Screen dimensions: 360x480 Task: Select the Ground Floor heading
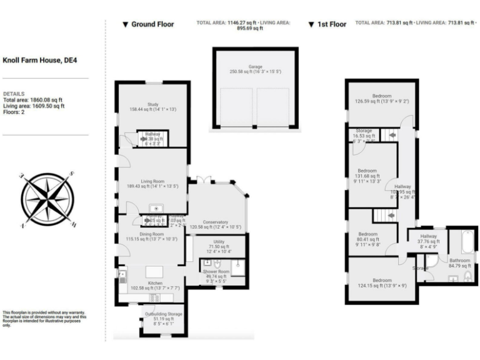[x=148, y=24]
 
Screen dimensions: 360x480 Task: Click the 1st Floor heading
[x=327, y=24]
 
